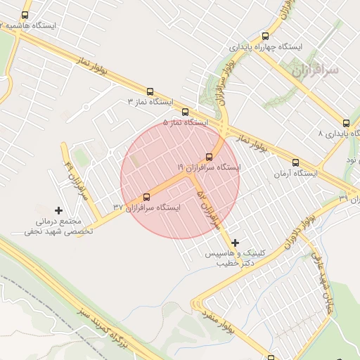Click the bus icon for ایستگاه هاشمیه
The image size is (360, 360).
26,15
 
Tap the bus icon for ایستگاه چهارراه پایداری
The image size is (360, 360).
265,36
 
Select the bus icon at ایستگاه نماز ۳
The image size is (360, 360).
150,91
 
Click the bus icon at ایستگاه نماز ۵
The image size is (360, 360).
186,112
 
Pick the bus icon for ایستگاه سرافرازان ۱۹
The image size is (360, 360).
209,157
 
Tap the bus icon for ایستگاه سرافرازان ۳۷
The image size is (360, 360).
146,197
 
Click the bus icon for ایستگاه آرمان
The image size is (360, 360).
295,162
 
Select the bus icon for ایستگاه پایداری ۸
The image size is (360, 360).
345,122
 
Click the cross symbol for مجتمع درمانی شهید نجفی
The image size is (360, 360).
58,210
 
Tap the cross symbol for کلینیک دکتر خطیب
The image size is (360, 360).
235,242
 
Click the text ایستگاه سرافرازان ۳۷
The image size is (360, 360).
146,207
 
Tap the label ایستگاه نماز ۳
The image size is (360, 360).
150,102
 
